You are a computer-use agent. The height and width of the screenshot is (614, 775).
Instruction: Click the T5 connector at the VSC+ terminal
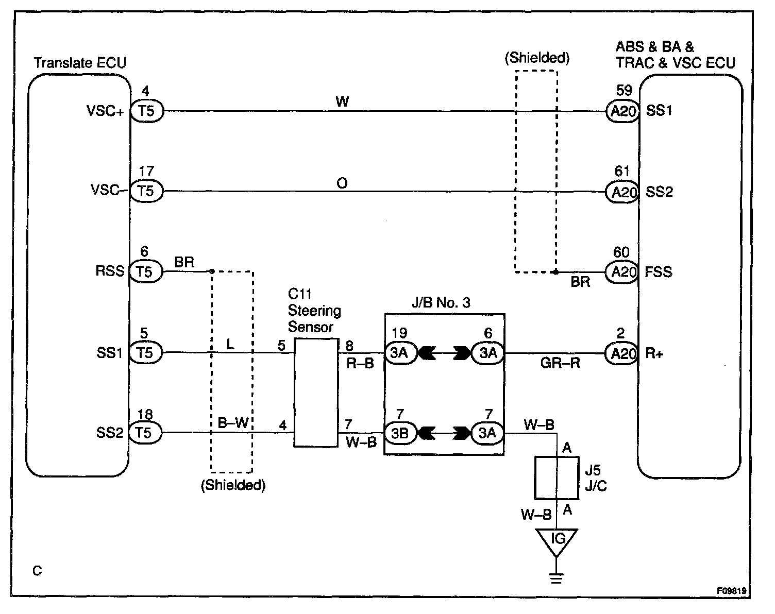146,111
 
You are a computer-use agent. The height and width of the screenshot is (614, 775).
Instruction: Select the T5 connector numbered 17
146,191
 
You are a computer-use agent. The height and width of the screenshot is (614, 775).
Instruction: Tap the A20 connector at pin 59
622,111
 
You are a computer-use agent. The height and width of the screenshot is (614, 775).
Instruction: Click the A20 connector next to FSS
622,271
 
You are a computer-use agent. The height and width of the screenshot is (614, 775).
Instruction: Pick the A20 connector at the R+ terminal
622,353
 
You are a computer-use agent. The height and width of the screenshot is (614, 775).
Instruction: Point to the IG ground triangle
557,541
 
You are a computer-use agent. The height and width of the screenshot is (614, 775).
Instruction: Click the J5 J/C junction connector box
557,477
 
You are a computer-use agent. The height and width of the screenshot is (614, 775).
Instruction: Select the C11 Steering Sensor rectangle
316,393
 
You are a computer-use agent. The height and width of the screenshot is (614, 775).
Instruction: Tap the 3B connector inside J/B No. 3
400,433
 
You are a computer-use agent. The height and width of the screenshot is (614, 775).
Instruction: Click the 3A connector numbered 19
400,353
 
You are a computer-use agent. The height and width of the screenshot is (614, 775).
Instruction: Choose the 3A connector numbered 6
487,353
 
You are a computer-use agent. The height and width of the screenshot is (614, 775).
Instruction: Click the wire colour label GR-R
560,363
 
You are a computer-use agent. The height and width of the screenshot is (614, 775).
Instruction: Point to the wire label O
342,183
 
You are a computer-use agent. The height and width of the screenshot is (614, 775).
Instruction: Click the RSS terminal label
110,271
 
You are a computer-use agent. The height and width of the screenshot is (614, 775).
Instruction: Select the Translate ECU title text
80,63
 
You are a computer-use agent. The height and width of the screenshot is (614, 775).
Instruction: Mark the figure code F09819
731,591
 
